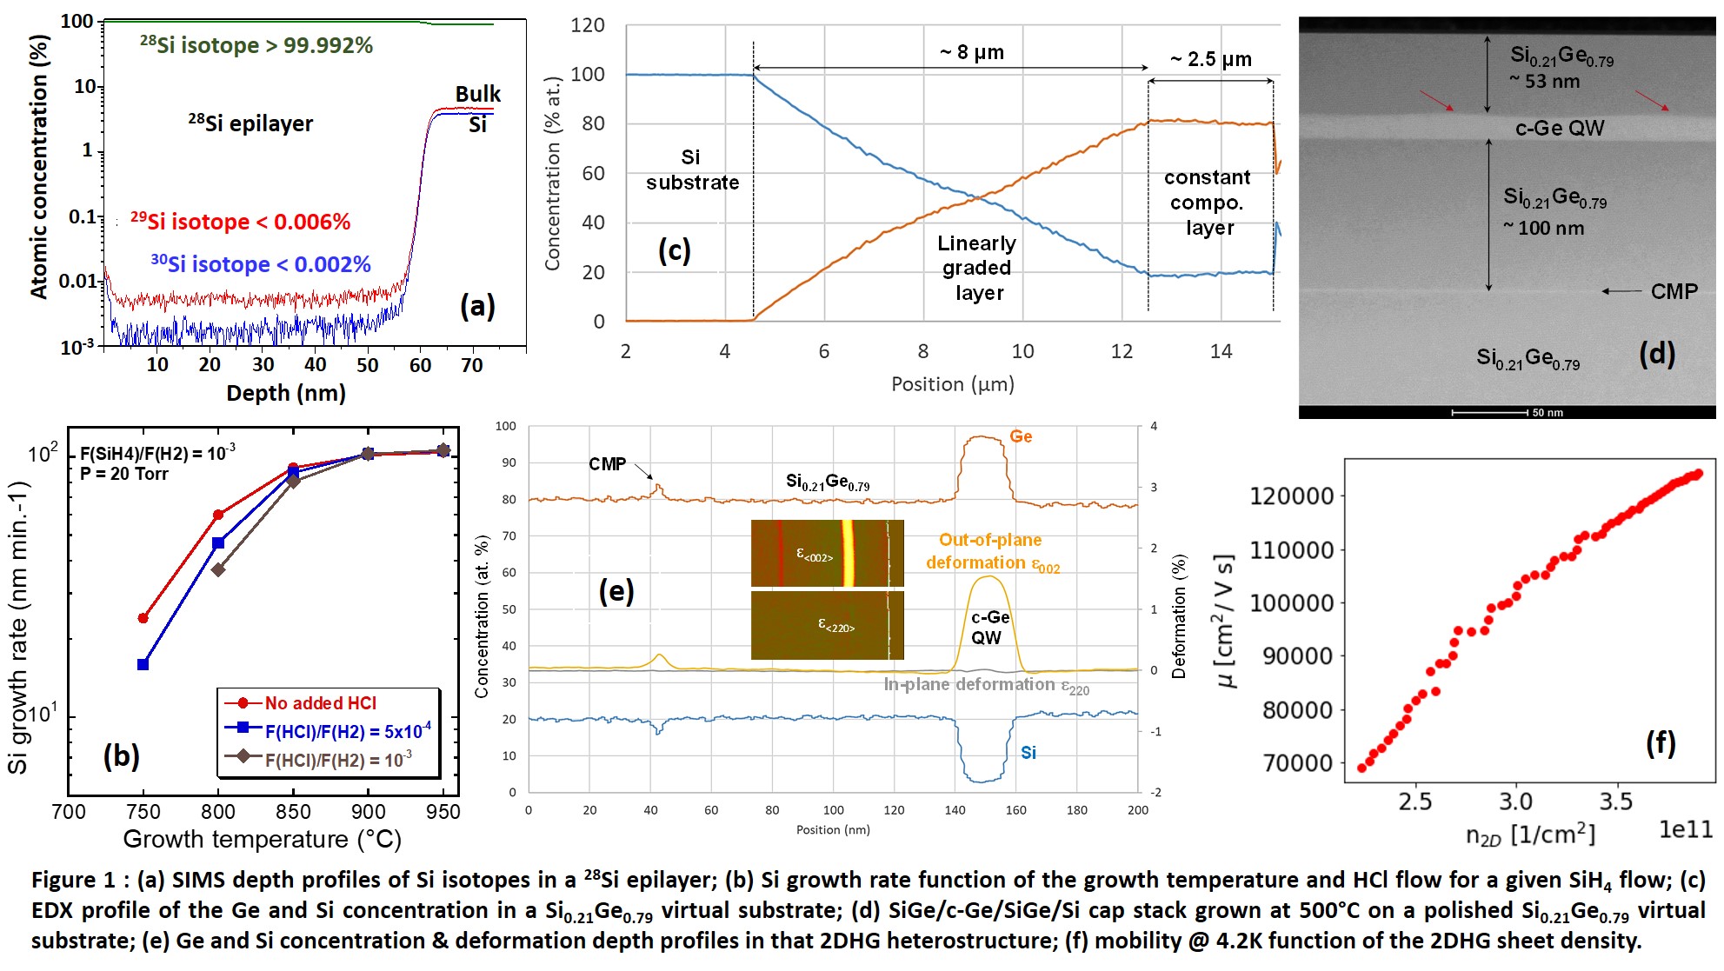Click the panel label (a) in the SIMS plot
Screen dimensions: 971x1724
477,306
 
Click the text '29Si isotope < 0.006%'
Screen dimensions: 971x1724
241,222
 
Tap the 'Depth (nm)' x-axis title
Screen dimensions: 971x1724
286,394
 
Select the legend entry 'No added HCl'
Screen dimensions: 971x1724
320,703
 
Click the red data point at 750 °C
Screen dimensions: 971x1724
143,618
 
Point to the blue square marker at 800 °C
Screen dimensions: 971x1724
218,543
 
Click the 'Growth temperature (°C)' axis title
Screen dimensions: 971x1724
262,839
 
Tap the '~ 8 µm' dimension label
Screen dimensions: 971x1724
971,52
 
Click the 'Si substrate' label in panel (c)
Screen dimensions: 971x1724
692,170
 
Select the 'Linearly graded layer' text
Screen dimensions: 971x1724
977,268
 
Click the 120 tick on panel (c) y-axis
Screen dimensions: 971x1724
588,25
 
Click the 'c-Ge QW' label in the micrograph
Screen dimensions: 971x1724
1559,129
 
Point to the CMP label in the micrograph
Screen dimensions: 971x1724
1674,291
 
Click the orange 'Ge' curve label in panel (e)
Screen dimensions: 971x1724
1021,436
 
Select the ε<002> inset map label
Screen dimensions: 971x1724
815,556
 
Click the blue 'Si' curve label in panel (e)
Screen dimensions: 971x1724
1028,753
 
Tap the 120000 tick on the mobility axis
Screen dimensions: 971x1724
1291,496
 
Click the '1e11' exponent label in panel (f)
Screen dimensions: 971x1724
1685,829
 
